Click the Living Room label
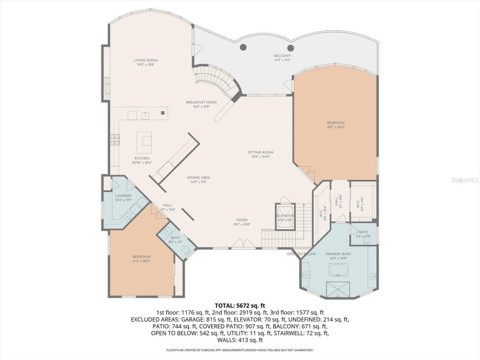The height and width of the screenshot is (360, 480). click(x=145, y=60)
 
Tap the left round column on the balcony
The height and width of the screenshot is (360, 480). click(x=243, y=47)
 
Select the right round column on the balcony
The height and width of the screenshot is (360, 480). click(x=290, y=48)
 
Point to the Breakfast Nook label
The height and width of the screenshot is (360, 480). click(x=201, y=102)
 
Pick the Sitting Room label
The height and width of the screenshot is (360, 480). click(x=260, y=152)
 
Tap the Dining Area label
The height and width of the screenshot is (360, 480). click(x=198, y=177)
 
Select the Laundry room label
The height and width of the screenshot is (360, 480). click(x=123, y=196)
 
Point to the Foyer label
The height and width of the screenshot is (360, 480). click(x=241, y=220)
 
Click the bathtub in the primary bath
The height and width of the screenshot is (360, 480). click(x=338, y=270)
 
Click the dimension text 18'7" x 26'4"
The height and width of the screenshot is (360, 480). click(x=335, y=127)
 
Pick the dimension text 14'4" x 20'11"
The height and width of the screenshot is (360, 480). click(x=141, y=261)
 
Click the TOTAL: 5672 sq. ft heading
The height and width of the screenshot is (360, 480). click(x=240, y=305)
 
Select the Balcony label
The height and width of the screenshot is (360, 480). click(x=282, y=56)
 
